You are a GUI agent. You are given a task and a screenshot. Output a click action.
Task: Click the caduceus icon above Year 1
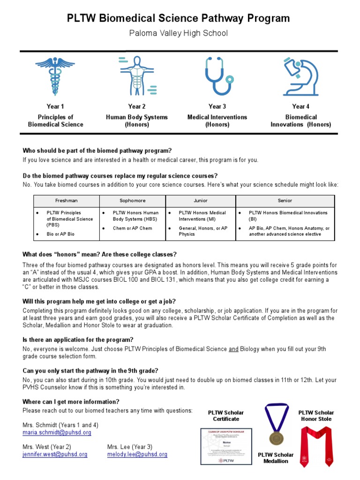point(55,76)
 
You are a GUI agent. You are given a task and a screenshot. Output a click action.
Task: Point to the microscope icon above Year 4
point(300,76)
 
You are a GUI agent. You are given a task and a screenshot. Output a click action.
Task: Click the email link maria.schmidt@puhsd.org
point(57,433)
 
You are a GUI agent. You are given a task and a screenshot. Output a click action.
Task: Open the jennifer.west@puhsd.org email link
point(55,454)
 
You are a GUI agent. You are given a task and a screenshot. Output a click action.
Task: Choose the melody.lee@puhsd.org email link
point(137,454)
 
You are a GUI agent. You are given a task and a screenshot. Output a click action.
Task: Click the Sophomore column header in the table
point(132,201)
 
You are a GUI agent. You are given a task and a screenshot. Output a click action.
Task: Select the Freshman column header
point(66,201)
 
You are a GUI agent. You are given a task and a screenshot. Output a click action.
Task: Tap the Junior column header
point(200,201)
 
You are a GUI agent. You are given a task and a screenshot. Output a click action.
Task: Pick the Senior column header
point(285,201)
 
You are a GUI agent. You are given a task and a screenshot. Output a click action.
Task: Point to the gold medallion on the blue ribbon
point(276,438)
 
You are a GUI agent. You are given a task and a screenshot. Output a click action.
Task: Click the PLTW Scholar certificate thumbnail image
point(226,447)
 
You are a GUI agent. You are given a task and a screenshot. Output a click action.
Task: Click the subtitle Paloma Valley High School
point(178,33)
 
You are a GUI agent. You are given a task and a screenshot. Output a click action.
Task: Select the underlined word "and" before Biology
point(233,349)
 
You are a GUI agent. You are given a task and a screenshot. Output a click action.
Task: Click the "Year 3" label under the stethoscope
point(217,106)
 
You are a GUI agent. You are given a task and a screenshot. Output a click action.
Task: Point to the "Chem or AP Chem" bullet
point(132,228)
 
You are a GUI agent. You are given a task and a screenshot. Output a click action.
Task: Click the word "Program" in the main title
point(269,18)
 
